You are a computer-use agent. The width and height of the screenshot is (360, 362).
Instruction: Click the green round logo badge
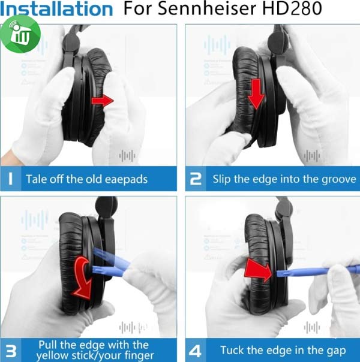pyautogui.click(x=23, y=34)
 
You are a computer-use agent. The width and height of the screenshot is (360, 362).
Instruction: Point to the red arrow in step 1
pyautogui.click(x=103, y=101)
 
